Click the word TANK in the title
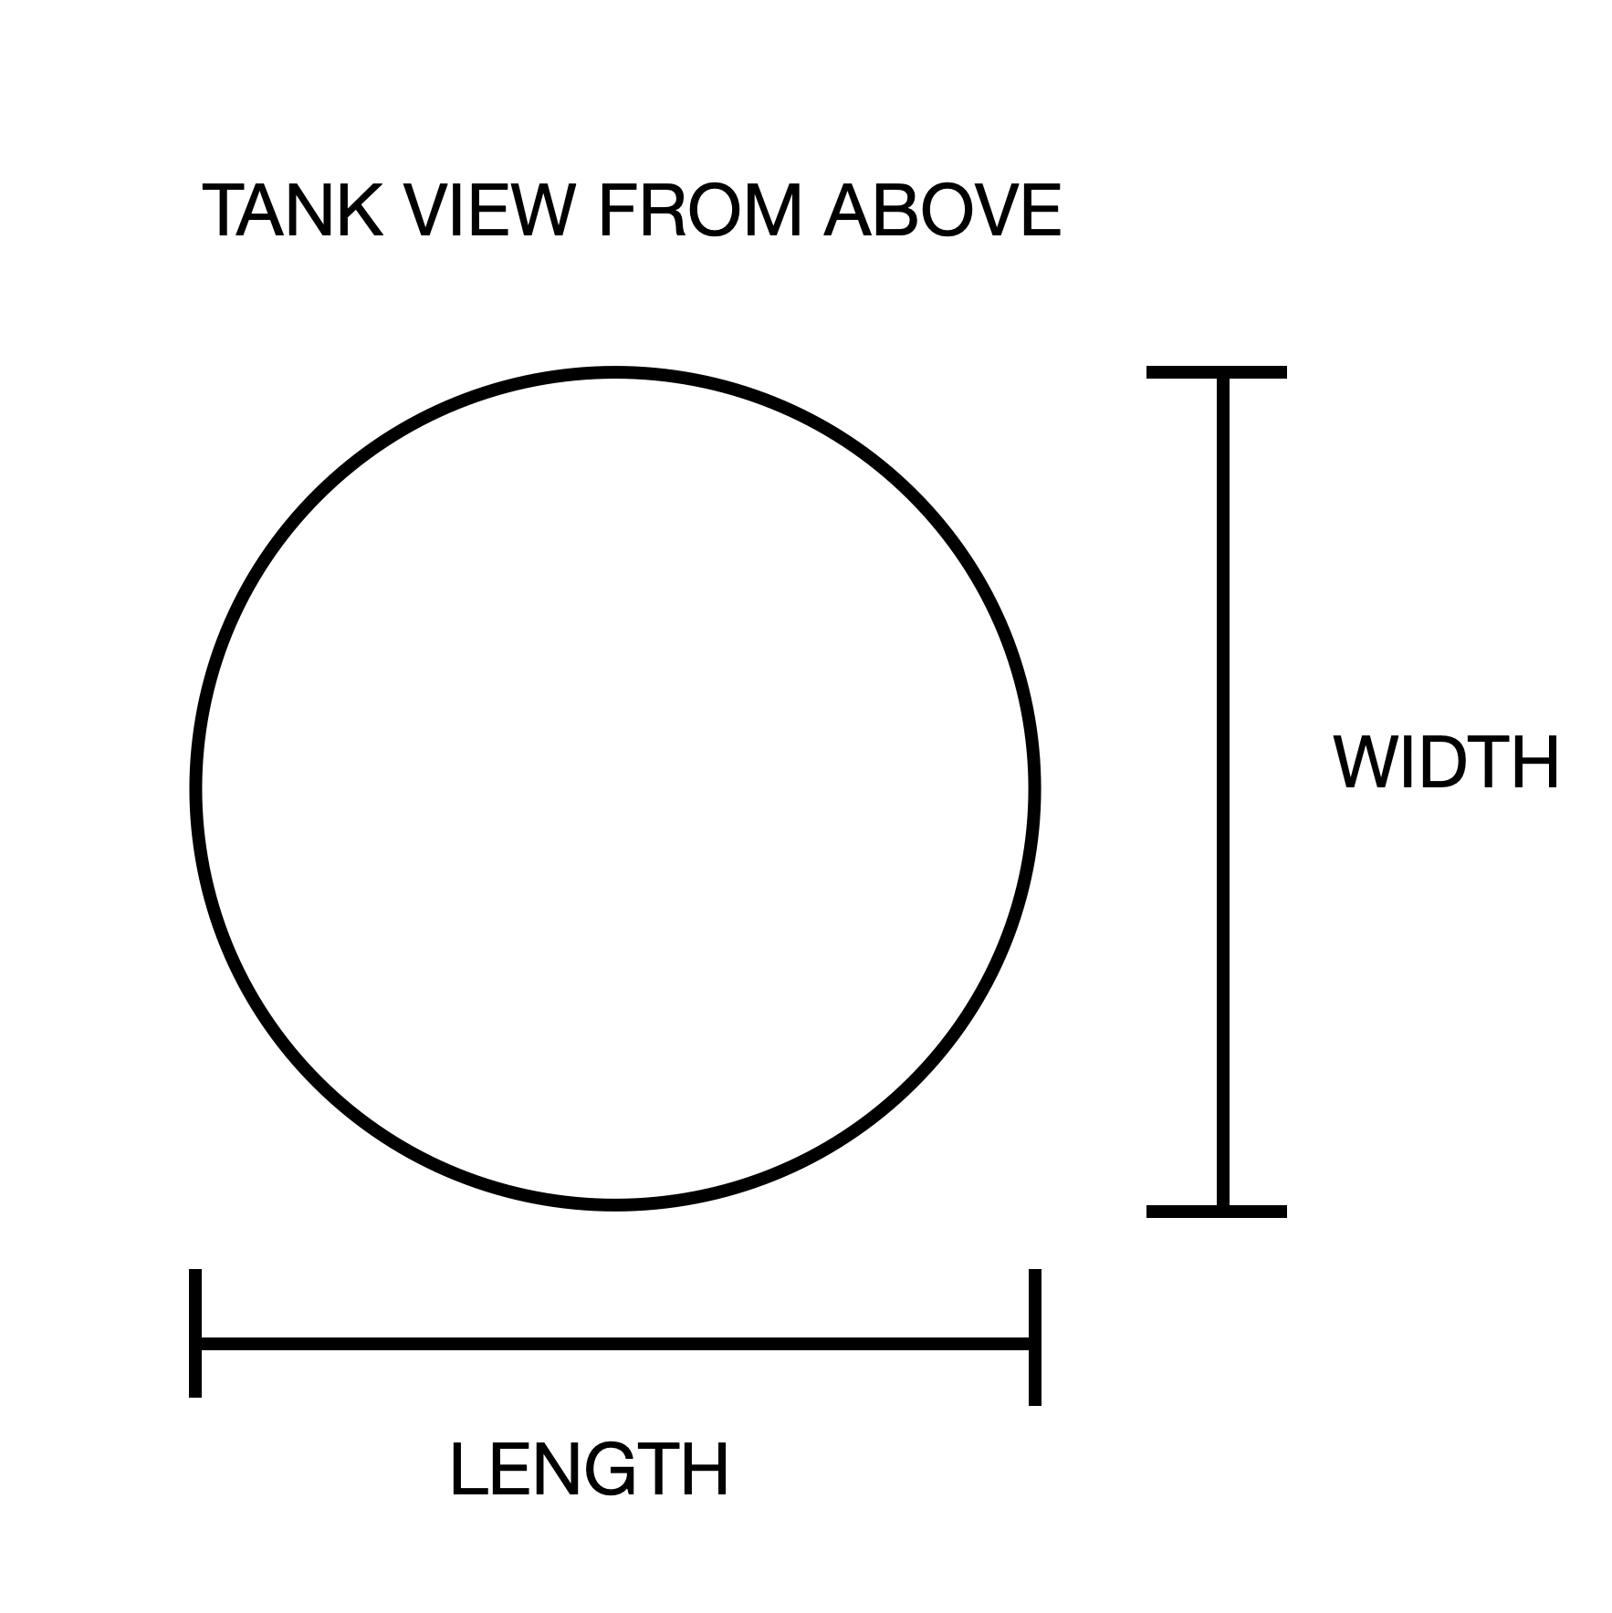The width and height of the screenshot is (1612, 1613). point(294,211)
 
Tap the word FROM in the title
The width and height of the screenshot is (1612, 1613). point(699,211)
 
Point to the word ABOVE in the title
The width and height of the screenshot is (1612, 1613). point(942,211)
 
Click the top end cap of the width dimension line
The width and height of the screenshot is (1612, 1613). point(1216,372)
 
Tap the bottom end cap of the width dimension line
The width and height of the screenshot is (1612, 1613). point(1216,1212)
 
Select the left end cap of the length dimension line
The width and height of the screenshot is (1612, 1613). point(195,1333)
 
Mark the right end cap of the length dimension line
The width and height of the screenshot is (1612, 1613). point(1034,1337)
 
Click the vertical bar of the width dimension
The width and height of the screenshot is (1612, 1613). point(1222,792)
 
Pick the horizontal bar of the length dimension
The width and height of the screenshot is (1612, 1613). point(615,1343)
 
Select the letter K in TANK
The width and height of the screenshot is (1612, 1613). point(357,211)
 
